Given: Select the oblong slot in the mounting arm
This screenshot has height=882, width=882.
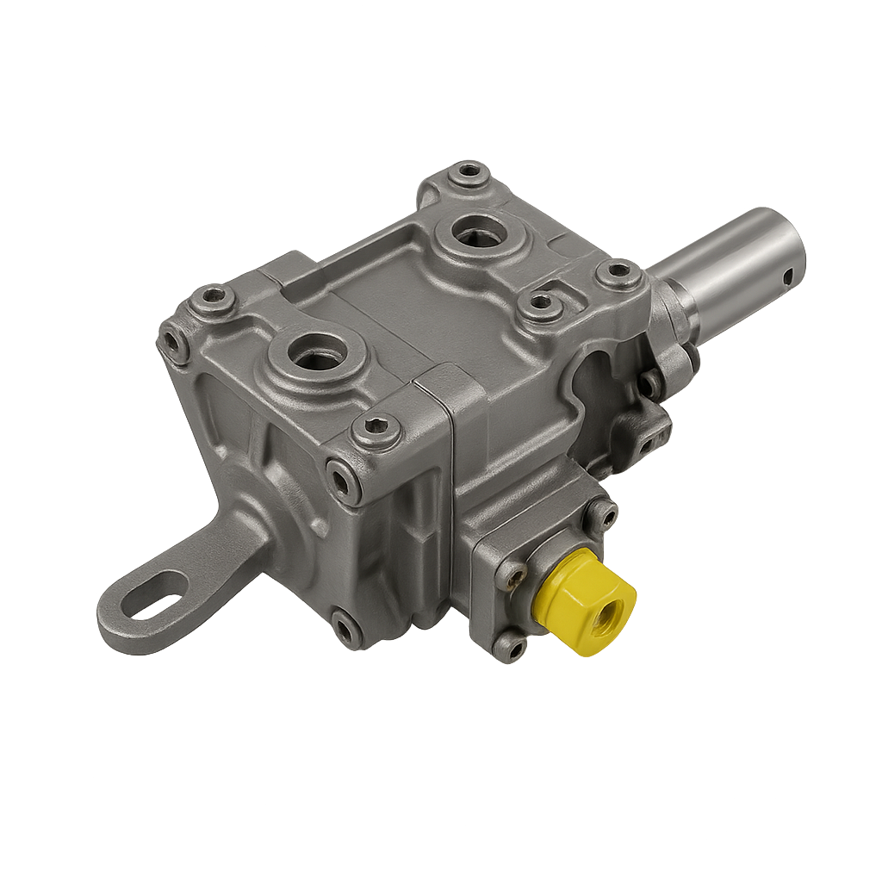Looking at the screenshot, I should click(x=154, y=594).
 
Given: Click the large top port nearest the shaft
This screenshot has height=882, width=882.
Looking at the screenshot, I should click(x=479, y=232).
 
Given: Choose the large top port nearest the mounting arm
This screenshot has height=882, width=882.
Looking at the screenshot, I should click(x=317, y=353).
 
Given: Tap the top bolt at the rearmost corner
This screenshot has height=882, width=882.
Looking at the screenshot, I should click(x=469, y=172).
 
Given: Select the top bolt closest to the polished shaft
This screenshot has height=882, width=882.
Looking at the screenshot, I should click(x=618, y=275).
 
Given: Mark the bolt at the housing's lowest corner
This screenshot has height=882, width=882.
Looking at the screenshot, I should click(x=346, y=630).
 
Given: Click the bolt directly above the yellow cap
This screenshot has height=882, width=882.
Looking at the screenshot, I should click(x=600, y=515).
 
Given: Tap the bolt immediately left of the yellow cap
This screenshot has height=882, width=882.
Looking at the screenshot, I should click(x=512, y=575).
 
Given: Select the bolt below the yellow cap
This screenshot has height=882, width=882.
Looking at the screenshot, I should click(x=510, y=644).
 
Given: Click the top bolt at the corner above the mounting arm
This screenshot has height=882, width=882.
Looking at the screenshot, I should click(x=212, y=299).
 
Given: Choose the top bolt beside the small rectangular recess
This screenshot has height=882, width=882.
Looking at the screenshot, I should click(x=540, y=304).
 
